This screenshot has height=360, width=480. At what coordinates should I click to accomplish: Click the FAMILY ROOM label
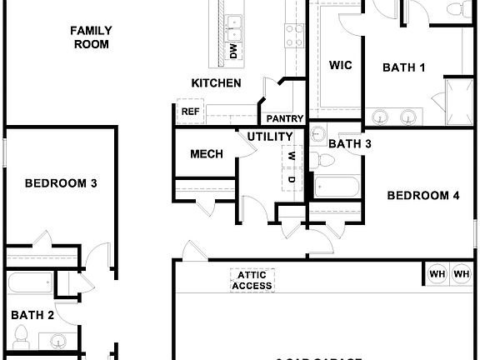91,37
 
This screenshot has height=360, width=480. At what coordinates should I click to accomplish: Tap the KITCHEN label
217,83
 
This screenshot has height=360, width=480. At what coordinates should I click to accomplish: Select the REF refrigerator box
189,111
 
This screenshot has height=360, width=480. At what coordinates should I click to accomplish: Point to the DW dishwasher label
233,52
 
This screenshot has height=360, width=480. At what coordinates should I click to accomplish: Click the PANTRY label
285,118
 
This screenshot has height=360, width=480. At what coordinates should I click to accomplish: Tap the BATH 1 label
404,67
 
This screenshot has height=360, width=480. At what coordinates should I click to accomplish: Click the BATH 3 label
350,144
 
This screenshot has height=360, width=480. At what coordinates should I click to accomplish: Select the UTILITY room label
270,137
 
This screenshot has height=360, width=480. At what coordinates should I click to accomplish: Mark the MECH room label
205,154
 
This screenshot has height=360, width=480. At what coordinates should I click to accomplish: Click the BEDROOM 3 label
60,182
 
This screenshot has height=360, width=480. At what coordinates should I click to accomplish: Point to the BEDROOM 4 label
423,196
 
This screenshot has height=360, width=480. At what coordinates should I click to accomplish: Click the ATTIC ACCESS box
252,280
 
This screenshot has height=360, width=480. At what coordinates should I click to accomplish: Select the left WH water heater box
437,273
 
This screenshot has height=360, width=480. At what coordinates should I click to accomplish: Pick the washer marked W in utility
292,156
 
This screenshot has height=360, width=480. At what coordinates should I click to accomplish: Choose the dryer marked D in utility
292,178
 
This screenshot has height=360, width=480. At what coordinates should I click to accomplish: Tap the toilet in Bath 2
22,339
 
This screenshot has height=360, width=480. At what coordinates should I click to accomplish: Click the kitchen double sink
234,27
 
